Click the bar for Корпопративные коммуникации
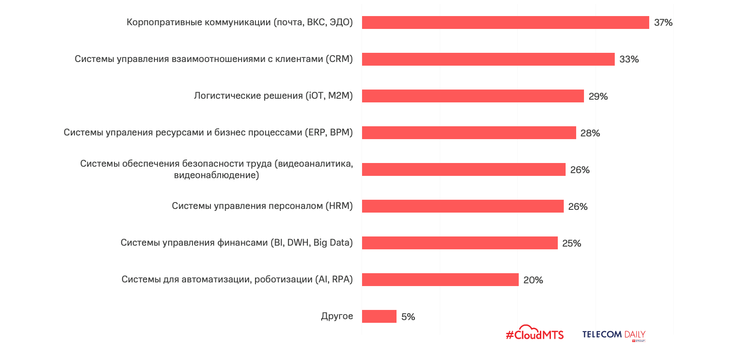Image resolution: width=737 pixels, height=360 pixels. coord(505,22)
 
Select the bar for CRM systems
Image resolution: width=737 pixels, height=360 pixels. coord(488,59)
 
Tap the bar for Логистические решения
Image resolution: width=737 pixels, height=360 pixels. coord(473,96)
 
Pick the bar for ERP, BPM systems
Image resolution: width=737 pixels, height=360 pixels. coord(469,133)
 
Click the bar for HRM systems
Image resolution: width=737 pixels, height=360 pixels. coord(463,206)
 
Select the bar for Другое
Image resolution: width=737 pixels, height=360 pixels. coord(379,316)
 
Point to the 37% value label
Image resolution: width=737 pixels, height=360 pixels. coord(663,22)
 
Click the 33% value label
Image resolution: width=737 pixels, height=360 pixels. coord(629,59)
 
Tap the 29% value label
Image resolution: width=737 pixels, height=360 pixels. coord(598,96)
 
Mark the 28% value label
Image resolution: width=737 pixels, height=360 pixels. coord(590,133)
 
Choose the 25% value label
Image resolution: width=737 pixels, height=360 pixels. coord(572,243)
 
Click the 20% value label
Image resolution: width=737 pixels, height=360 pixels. coord(533,280)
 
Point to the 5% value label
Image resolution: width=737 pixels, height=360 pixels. coord(408,317)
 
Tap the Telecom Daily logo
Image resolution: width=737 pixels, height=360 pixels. coord(614,335)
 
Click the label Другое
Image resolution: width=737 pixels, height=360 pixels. coord(337,316)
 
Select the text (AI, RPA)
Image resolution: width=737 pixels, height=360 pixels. coord(334,279)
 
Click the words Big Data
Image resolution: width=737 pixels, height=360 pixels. coord(333,242)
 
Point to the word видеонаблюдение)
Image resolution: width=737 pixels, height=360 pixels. coord(216,175)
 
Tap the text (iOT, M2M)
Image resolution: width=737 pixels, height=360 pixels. coord(329,96)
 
